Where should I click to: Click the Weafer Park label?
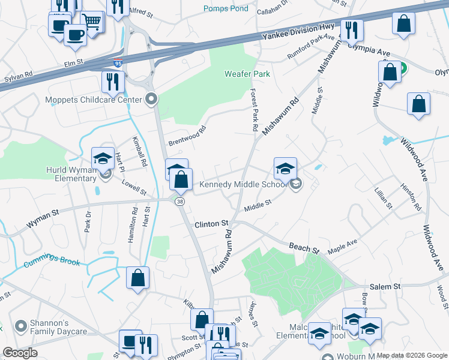click(247, 74)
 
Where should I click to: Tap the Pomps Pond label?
click(225, 8)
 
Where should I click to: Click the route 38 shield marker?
click(179, 202)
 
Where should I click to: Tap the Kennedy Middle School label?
click(243, 184)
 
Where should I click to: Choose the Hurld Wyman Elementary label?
click(71, 174)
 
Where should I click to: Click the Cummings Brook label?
click(52, 262)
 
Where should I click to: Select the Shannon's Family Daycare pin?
click(19, 326)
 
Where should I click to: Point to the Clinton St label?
click(211, 224)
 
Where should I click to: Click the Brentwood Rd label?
click(187, 136)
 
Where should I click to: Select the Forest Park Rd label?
click(254, 110)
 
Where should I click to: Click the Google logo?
click(20, 352)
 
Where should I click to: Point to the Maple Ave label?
click(342, 245)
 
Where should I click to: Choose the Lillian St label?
click(383, 198)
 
